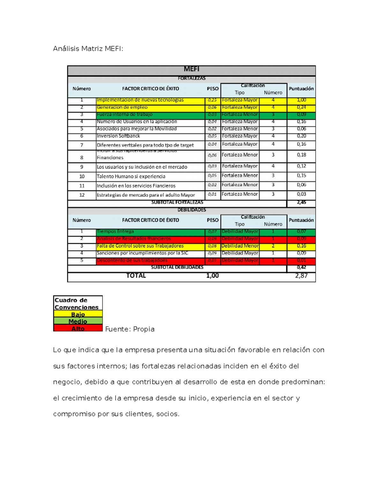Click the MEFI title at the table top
(191, 69)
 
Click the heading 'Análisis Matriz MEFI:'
(88, 49)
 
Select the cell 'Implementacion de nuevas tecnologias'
(140, 100)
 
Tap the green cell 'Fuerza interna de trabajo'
(125, 114)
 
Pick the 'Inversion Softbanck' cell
(118, 136)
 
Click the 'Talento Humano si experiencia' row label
(131, 176)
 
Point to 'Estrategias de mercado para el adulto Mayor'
(146, 195)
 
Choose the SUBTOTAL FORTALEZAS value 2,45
(301, 202)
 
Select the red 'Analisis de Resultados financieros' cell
(134, 239)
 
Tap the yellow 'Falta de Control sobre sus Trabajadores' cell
(140, 246)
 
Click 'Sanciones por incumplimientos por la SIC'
(142, 253)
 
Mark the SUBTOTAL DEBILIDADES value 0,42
(301, 267)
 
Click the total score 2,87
(301, 276)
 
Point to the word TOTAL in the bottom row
(136, 276)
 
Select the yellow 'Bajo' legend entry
(78, 314)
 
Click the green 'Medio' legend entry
(78, 321)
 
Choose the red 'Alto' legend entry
(78, 328)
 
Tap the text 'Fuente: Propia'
(130, 329)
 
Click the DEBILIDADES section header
(191, 210)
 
